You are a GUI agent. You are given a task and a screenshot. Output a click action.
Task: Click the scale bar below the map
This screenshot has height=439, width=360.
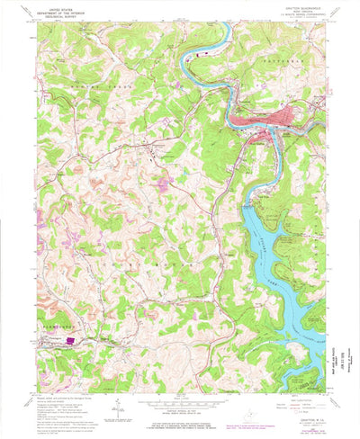point(180,401)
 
